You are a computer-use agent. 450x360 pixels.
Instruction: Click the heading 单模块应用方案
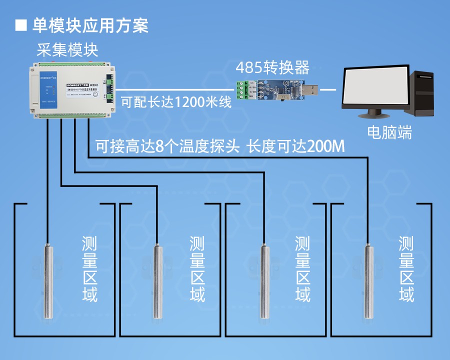(x=90, y=25)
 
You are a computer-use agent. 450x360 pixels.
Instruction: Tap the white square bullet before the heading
(x=21, y=25)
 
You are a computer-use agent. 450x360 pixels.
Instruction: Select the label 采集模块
(x=67, y=50)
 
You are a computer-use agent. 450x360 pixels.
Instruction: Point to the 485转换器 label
(x=272, y=67)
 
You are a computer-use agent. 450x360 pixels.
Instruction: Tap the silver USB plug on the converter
(x=309, y=90)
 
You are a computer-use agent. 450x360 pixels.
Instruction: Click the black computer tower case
(x=425, y=94)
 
